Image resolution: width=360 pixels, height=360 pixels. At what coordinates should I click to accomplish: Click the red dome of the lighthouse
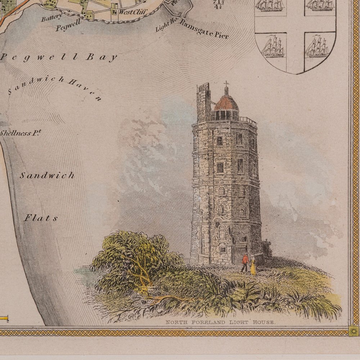click(x=226, y=103)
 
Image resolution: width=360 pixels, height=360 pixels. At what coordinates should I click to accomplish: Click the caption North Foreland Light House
click(x=220, y=323)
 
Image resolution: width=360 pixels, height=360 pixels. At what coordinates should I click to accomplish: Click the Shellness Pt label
click(x=20, y=133)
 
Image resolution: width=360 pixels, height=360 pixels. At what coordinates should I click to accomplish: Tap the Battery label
click(x=51, y=17)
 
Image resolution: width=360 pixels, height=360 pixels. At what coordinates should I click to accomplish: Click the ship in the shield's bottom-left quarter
click(x=273, y=47)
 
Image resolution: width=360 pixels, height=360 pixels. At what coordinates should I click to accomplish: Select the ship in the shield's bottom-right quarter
click(x=317, y=48)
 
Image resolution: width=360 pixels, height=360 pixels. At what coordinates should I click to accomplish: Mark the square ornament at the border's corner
click(x=354, y=331)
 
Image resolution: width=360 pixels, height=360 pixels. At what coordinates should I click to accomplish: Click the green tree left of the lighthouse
click(x=133, y=256)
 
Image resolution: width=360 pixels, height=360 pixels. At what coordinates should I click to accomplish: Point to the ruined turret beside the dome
click(x=203, y=101)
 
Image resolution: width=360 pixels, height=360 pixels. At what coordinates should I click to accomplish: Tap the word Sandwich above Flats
click(x=47, y=176)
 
